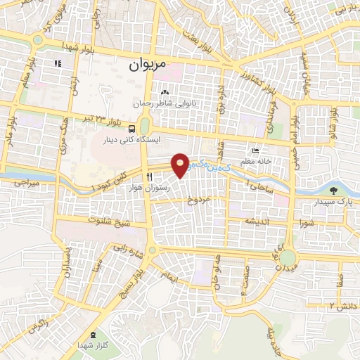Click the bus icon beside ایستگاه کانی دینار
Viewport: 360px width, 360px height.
tap(133, 128)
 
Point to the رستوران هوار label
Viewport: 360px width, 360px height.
tap(148, 188)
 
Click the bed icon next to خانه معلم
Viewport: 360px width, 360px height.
tap(256, 151)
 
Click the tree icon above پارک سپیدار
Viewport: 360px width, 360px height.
tap(333, 190)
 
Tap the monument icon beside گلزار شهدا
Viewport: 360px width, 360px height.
tap(95, 333)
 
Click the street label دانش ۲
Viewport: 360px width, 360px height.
tap(341, 304)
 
